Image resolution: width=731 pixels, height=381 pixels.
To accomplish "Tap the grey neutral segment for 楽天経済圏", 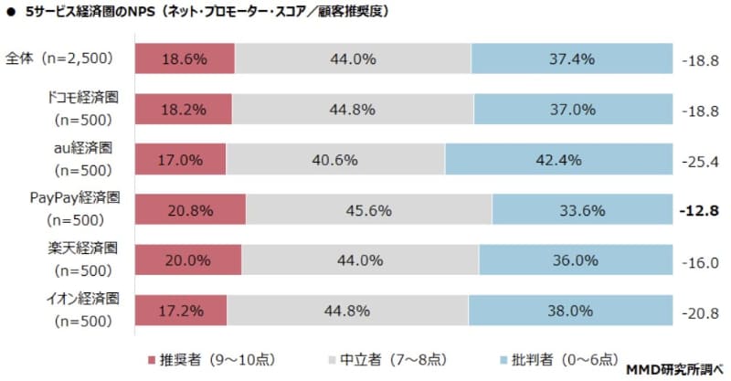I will tap(360, 259).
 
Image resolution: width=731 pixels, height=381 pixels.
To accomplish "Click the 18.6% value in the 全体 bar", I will tap(185, 59).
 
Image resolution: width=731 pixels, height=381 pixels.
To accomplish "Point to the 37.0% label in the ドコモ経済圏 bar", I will tap(572, 110).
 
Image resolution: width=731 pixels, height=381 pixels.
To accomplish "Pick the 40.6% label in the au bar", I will tap(336, 159).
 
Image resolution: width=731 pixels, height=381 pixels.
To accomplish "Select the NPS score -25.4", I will tap(701, 160).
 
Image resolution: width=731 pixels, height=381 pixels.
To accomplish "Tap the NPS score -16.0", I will tap(701, 260).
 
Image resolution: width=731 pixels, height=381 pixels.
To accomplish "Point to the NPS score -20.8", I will tap(701, 311).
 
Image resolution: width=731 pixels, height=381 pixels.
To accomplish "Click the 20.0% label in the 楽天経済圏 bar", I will tap(188, 260).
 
